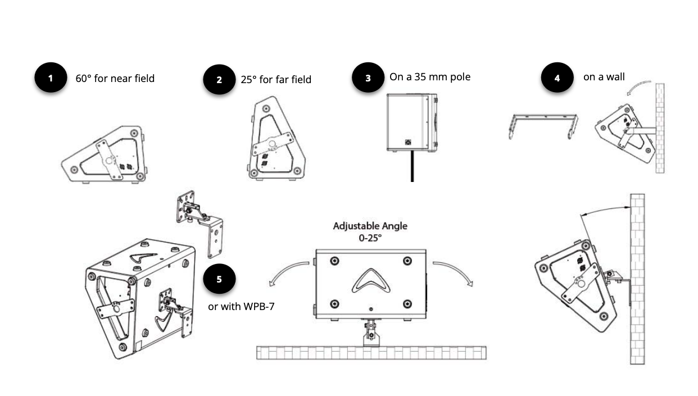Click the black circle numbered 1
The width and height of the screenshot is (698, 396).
(x=51, y=78)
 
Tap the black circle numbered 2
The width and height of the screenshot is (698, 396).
(x=219, y=80)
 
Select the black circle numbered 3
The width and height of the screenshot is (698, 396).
(x=368, y=78)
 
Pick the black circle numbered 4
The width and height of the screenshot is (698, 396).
(x=557, y=78)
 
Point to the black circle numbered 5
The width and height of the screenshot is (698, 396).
(x=219, y=279)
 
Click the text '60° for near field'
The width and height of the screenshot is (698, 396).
(x=115, y=78)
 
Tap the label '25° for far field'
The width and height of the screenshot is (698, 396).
(x=276, y=80)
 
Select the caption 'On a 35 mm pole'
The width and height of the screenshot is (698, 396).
(x=430, y=76)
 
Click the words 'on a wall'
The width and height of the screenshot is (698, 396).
(x=604, y=77)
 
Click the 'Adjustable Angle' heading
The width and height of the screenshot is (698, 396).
(x=370, y=226)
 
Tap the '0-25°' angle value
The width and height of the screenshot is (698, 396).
(x=370, y=238)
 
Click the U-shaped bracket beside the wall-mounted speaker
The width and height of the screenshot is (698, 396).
(x=545, y=125)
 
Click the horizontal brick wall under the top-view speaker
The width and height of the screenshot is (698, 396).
(x=371, y=353)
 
